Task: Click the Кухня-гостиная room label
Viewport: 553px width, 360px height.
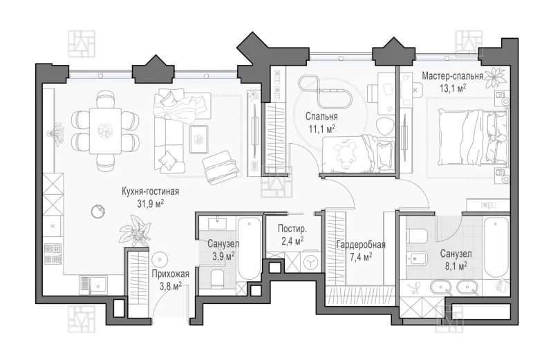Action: pos(150,191)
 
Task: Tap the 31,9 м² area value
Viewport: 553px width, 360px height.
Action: pos(151,203)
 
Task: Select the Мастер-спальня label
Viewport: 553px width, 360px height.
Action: pos(453,76)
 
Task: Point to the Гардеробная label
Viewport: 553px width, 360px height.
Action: pos(361,245)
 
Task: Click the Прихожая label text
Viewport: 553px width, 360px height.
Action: pos(170,274)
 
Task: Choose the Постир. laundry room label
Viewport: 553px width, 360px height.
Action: pos(292,229)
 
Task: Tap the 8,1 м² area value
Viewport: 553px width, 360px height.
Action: pos(456,265)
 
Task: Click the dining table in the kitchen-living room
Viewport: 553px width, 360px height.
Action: pos(105,131)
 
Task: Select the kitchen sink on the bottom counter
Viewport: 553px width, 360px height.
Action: pos(94,285)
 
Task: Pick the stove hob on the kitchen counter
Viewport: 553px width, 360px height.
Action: pos(53,254)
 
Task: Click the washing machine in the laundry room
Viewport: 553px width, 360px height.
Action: pos(310,262)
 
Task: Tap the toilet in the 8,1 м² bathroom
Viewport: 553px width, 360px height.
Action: pos(417,236)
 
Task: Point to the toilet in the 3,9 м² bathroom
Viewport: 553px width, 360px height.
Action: pos(216,278)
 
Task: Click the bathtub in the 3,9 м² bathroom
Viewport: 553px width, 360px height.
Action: pos(249,249)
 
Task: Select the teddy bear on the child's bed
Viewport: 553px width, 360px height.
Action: pos(344,153)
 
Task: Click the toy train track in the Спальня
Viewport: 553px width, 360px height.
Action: pos(325,92)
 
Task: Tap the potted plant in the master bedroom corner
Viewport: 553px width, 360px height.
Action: pos(495,77)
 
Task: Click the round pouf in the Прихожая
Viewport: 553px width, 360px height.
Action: pos(160,260)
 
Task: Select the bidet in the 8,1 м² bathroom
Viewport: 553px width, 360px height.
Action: pos(418,259)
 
